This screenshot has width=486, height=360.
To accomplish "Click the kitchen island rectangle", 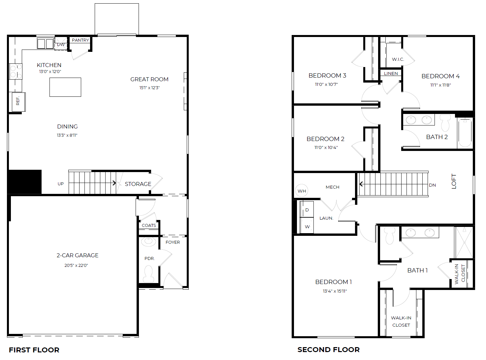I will coord(65,87).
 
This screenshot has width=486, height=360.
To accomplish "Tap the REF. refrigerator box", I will coord(18,101).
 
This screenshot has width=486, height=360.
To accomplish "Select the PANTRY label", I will coord(81,40).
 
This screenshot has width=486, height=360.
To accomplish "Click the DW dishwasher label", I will coord(61,45).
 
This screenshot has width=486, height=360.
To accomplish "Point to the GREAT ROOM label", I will coord(149,79).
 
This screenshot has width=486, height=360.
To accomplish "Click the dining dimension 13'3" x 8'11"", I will coord(67,135).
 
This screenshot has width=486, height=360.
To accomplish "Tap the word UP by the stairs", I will coord(61,184).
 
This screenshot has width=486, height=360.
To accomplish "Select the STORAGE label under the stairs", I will coord(138,184).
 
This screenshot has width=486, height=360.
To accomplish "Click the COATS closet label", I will coord(149,226).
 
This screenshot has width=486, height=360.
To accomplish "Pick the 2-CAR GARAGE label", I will coord(78,255).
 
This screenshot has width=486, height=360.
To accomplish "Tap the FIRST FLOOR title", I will coord(34,350).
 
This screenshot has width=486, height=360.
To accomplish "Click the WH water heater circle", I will coord(302,191).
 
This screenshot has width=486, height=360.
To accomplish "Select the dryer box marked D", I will coord(307,210).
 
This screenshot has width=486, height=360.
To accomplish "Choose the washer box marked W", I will coord(307,227).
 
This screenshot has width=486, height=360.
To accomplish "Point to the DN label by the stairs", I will coord(432,185).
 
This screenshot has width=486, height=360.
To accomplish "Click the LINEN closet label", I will coord(391,73).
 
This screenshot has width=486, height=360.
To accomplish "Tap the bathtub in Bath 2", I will coord(465,133).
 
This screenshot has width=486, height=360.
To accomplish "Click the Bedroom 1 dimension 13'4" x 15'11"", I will coord(335,291).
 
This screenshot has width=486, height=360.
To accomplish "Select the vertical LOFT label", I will coord(454,181).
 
